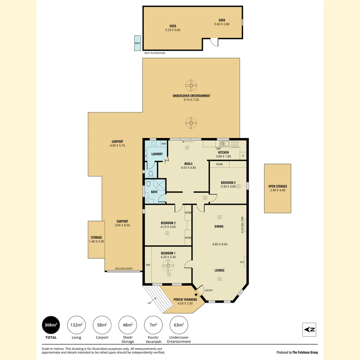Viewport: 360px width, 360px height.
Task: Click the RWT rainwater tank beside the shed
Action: pos(138,43)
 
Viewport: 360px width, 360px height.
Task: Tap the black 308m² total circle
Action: pos(51,325)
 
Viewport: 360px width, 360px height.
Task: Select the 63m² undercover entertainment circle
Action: pos(179,325)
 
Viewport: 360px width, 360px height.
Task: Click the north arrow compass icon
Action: pos(309,330)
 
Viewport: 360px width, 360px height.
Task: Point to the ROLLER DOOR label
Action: pos(124,268)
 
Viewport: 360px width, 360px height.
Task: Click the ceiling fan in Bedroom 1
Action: pos(168,266)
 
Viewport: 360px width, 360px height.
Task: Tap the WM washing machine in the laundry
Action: pos(163,144)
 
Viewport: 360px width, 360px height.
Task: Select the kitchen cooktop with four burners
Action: pos(235,144)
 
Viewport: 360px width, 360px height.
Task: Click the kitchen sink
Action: pos(224,144)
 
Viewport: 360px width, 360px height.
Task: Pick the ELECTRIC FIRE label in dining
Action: pos(242,225)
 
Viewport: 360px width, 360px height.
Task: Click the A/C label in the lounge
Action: pos(242,262)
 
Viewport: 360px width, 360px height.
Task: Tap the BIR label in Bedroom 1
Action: pos(148,265)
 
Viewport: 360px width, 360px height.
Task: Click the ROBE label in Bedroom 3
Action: pos(219,164)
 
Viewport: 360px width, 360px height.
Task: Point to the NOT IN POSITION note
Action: pos(155,53)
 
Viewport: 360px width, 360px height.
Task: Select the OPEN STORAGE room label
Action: pos(278,186)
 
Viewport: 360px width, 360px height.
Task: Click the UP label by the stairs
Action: pos(149,303)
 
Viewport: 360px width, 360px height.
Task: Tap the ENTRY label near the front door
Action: pos(209,290)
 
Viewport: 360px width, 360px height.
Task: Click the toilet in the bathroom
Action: pos(148,183)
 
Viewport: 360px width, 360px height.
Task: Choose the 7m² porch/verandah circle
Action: pos(153,325)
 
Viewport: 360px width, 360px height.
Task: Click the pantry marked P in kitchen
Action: pos(243,156)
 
